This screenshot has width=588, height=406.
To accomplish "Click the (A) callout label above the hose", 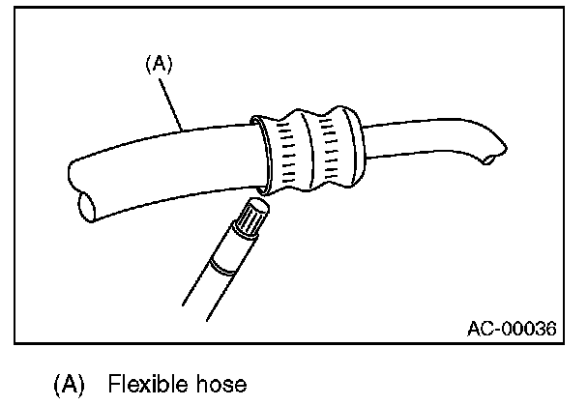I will [x=158, y=65].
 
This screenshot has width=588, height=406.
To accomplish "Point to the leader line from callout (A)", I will [x=175, y=102].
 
